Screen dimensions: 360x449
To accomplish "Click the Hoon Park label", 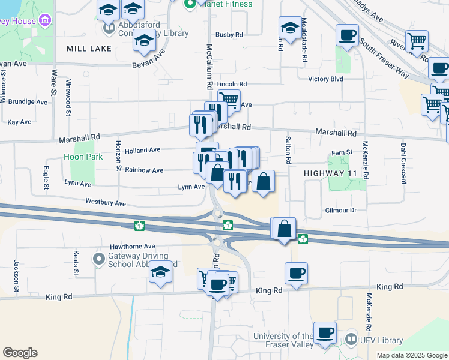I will tap(83, 157).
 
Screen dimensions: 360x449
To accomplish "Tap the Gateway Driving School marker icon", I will tap(98, 259).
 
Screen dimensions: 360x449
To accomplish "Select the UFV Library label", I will tap(381, 340).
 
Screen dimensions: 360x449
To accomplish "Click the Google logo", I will tap(20, 353).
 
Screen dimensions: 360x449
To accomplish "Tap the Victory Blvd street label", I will tap(325, 79).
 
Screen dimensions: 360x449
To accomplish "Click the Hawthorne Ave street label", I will tap(132, 246).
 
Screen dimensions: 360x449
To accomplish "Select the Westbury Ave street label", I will tap(106, 203).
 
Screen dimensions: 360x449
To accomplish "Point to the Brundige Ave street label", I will tap(28, 102).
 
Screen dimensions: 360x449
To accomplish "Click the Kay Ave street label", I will tap(19, 122).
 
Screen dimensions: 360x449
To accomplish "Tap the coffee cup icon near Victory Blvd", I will tap(347, 35).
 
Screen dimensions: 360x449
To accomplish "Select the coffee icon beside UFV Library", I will tap(325, 332).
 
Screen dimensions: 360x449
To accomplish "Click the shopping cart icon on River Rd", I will tap(417, 41).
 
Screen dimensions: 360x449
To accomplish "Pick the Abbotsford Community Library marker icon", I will tap(109, 28).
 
